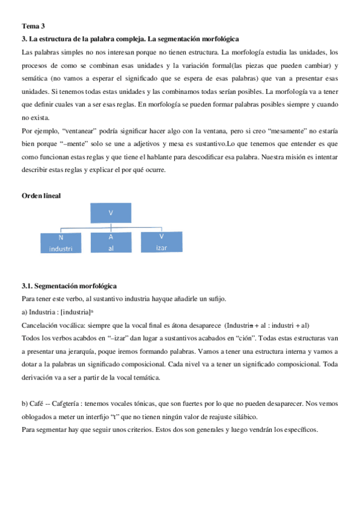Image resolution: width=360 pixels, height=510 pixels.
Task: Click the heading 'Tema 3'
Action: (x=33, y=26)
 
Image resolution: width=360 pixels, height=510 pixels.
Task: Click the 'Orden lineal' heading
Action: (x=41, y=196)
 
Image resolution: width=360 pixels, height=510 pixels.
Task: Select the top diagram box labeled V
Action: (x=111, y=213)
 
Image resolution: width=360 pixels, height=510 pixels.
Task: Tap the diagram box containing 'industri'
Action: (x=65, y=242)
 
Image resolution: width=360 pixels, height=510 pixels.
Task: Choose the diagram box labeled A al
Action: (x=111, y=242)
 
